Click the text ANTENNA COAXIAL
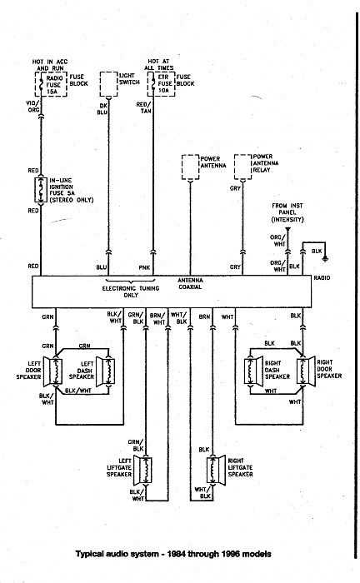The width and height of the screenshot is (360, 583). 189,284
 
